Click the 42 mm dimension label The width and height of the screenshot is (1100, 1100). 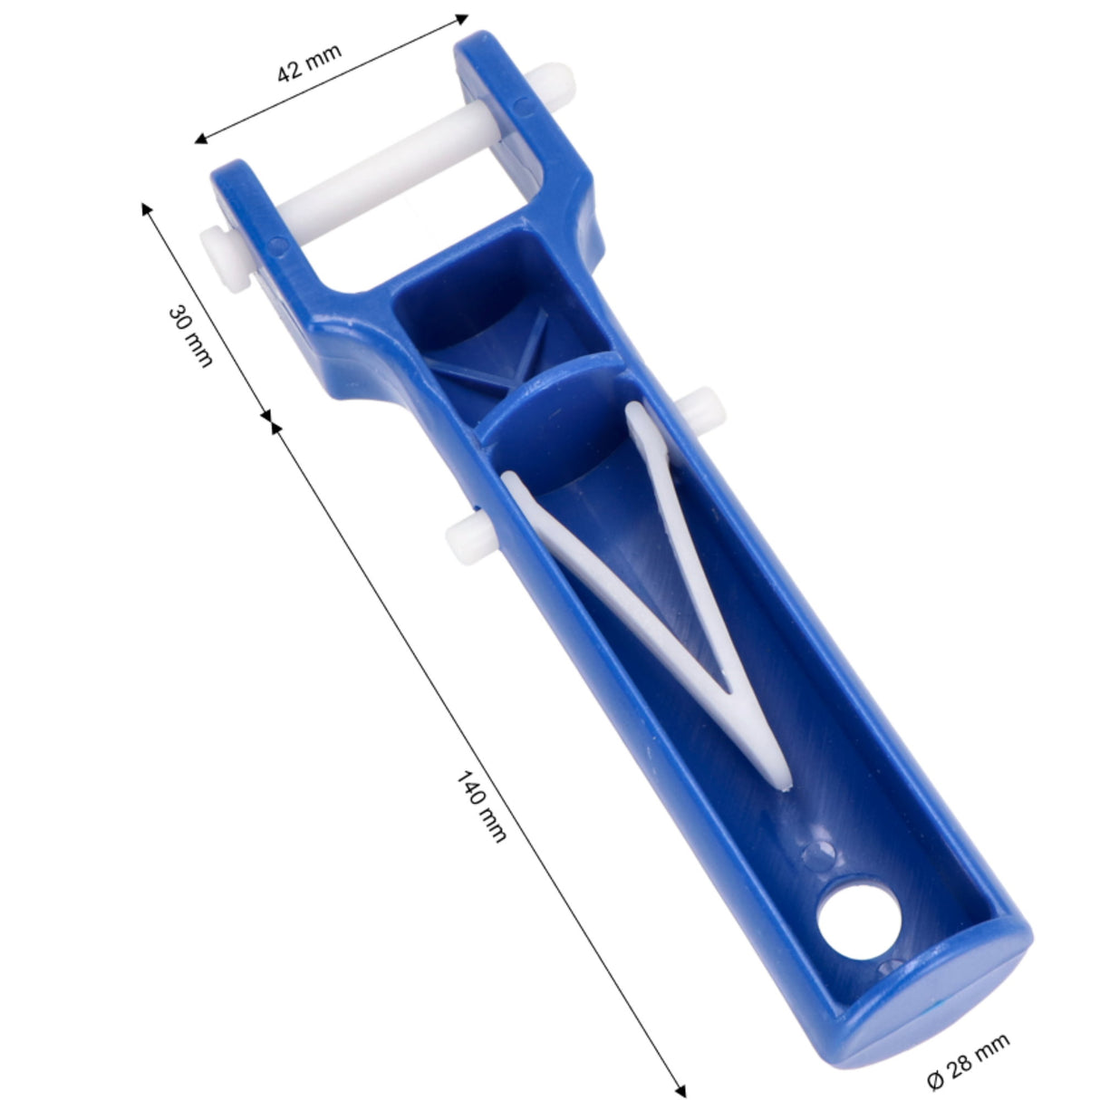pos(309,63)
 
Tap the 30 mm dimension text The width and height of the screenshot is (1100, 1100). pos(190,337)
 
